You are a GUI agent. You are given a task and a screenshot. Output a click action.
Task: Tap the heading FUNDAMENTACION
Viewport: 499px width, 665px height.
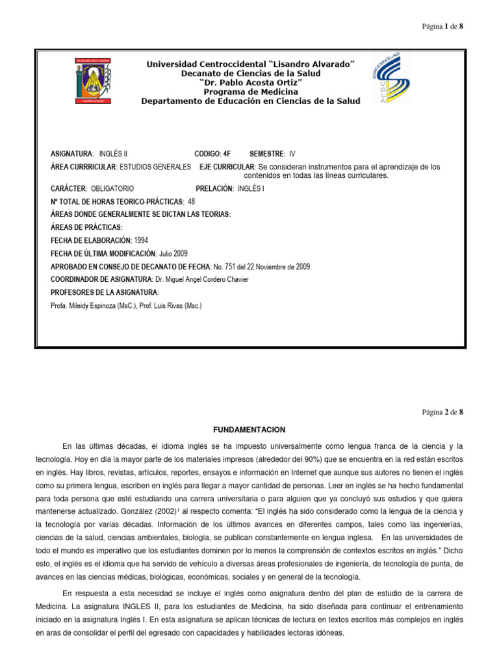[x=249, y=430]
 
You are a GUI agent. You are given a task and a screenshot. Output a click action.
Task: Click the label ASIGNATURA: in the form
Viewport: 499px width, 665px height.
[x=72, y=154]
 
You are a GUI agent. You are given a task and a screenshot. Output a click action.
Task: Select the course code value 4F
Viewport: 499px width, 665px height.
[x=227, y=154]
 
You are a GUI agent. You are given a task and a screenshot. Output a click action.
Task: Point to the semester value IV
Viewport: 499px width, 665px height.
[x=292, y=154]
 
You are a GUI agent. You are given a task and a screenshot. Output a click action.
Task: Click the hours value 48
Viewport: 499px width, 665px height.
[x=191, y=201]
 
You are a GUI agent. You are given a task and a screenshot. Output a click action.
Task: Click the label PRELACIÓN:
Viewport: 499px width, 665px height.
[x=214, y=188]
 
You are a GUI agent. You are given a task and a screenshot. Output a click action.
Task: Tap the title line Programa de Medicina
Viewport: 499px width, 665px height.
[x=249, y=92]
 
